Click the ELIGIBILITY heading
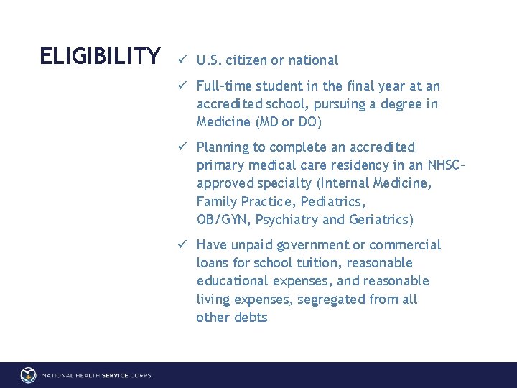(x=101, y=55)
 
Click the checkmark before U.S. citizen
(x=185, y=60)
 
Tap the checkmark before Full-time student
(x=185, y=86)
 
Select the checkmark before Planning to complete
(x=185, y=147)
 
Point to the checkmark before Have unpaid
(x=185, y=244)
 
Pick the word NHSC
(x=447, y=165)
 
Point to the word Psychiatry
(x=295, y=220)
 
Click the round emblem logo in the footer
(x=28, y=375)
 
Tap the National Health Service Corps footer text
(x=96, y=375)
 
